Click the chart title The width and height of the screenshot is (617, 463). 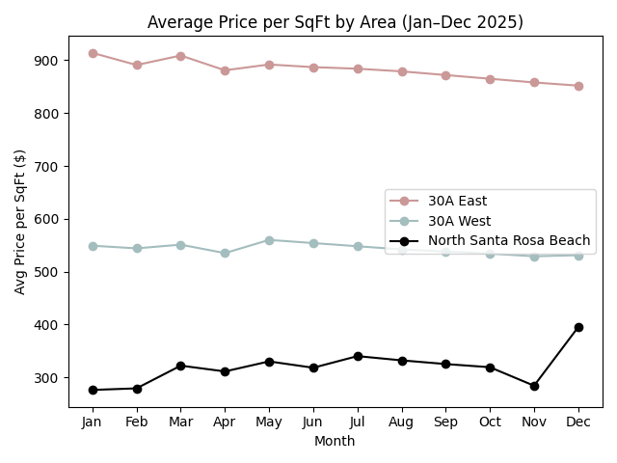pyautogui.click(x=335, y=22)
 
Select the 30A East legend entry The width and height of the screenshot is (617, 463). pyautogui.click(x=457, y=202)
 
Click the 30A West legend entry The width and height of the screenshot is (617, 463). pyautogui.click(x=459, y=221)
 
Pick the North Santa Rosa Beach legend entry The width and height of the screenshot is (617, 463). pyautogui.click(x=509, y=240)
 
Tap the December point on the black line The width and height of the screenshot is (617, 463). pyautogui.click(x=578, y=327)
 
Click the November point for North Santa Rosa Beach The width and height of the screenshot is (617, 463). pyautogui.click(x=534, y=386)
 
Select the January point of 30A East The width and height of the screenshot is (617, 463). pyautogui.click(x=93, y=53)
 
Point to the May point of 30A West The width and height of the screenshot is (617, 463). pyautogui.click(x=269, y=240)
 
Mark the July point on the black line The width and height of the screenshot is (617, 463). pyautogui.click(x=358, y=356)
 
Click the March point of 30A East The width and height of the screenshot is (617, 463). pyautogui.click(x=180, y=56)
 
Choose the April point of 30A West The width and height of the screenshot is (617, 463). pyautogui.click(x=225, y=253)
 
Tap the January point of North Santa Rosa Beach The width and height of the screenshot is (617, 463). pyautogui.click(x=93, y=390)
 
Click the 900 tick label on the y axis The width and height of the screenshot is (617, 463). pyautogui.click(x=46, y=61)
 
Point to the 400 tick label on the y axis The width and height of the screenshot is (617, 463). pyautogui.click(x=46, y=325)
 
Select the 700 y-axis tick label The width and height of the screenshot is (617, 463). pyautogui.click(x=46, y=167)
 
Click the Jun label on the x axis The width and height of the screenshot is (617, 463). pyautogui.click(x=313, y=422)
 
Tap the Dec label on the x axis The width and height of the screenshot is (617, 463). pyautogui.click(x=578, y=422)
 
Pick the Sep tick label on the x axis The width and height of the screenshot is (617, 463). pyautogui.click(x=445, y=422)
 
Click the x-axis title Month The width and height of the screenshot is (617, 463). pyautogui.click(x=335, y=442)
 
